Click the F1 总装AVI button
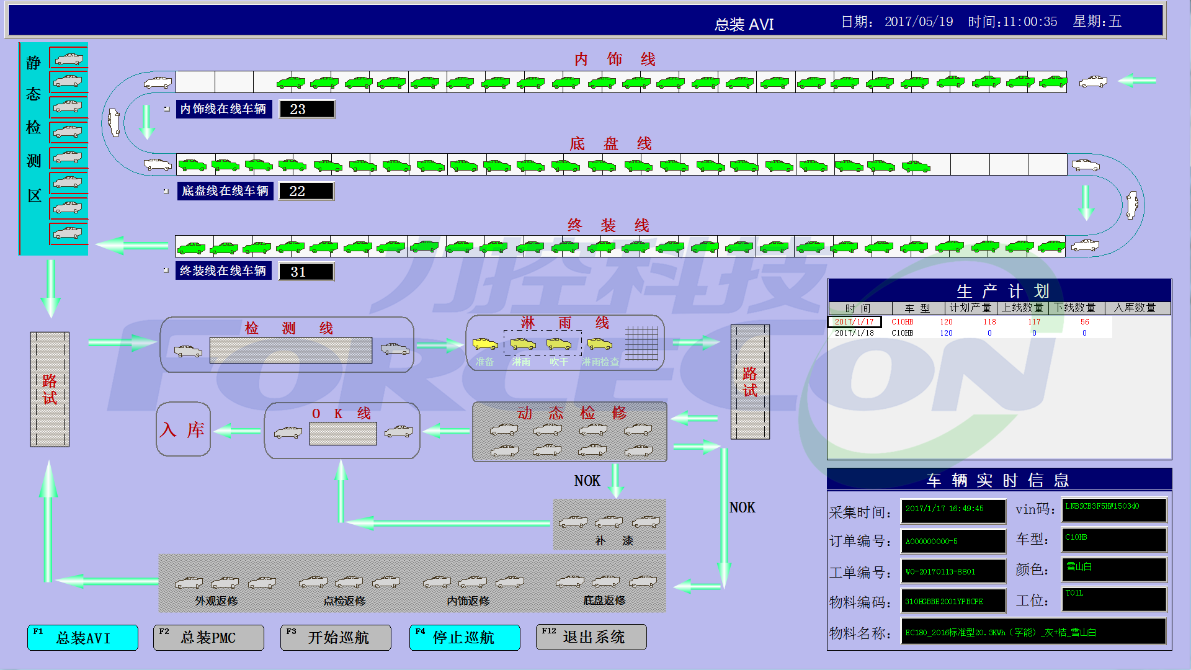click(x=83, y=638)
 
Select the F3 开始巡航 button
click(x=336, y=638)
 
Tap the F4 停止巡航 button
click(x=465, y=638)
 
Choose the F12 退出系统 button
click(x=591, y=637)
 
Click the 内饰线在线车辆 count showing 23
click(x=307, y=109)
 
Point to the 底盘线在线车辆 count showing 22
click(x=306, y=191)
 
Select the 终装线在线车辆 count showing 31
click(x=306, y=272)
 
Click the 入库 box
click(x=183, y=429)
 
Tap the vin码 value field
click(x=1114, y=510)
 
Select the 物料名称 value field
click(x=1033, y=632)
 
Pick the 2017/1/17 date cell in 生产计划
click(x=854, y=322)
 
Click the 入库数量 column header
click(x=1135, y=308)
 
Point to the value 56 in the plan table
click(x=1084, y=322)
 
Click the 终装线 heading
click(x=608, y=225)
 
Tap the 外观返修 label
click(x=216, y=601)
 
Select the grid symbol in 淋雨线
click(x=641, y=344)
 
